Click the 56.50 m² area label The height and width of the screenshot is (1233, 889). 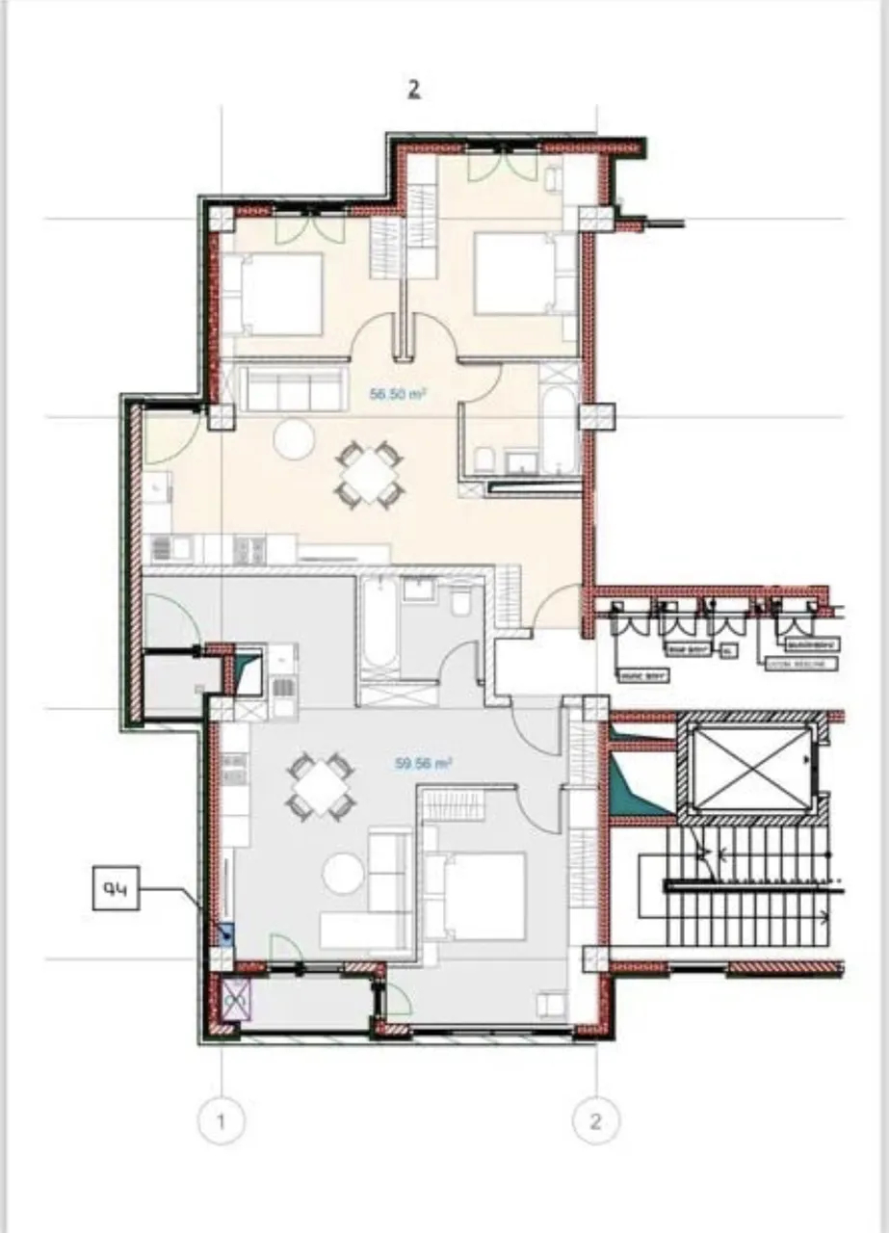click(x=399, y=394)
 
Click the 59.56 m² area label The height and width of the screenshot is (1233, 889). click(x=424, y=763)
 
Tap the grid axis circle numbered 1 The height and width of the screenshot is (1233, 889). click(x=222, y=1121)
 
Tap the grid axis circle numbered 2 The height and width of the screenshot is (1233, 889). click(x=596, y=1121)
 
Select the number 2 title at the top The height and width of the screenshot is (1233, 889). click(x=413, y=89)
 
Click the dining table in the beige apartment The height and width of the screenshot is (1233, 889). click(x=369, y=474)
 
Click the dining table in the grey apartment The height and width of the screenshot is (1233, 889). click(x=321, y=786)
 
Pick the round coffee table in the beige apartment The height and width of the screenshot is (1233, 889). click(x=293, y=439)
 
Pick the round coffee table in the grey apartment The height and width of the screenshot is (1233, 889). click(x=343, y=874)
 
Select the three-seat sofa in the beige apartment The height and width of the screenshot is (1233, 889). click(x=293, y=387)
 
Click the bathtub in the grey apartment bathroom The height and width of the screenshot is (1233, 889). click(x=379, y=626)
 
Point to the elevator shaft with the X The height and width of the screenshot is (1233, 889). click(x=752, y=769)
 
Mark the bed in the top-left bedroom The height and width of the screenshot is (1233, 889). click(x=274, y=295)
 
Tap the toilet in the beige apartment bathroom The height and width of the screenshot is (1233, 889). click(x=484, y=459)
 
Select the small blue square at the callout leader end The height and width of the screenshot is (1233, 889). click(x=227, y=933)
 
